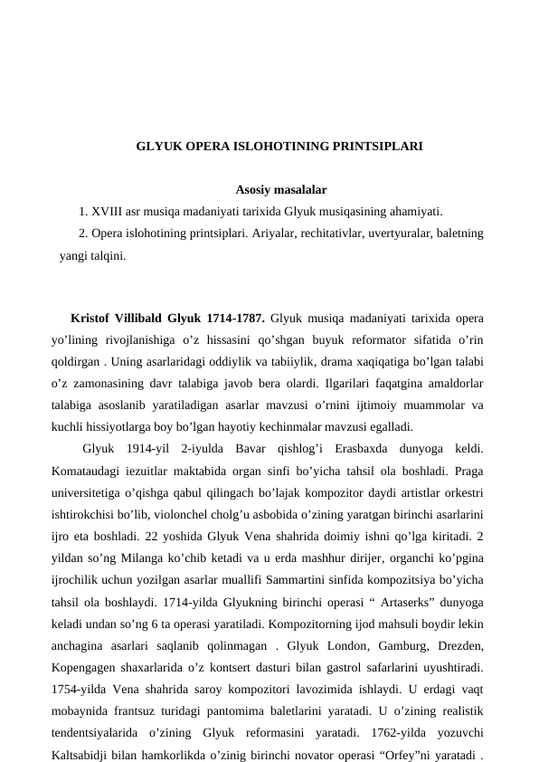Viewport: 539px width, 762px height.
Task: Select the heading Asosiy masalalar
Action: tap(280, 190)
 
